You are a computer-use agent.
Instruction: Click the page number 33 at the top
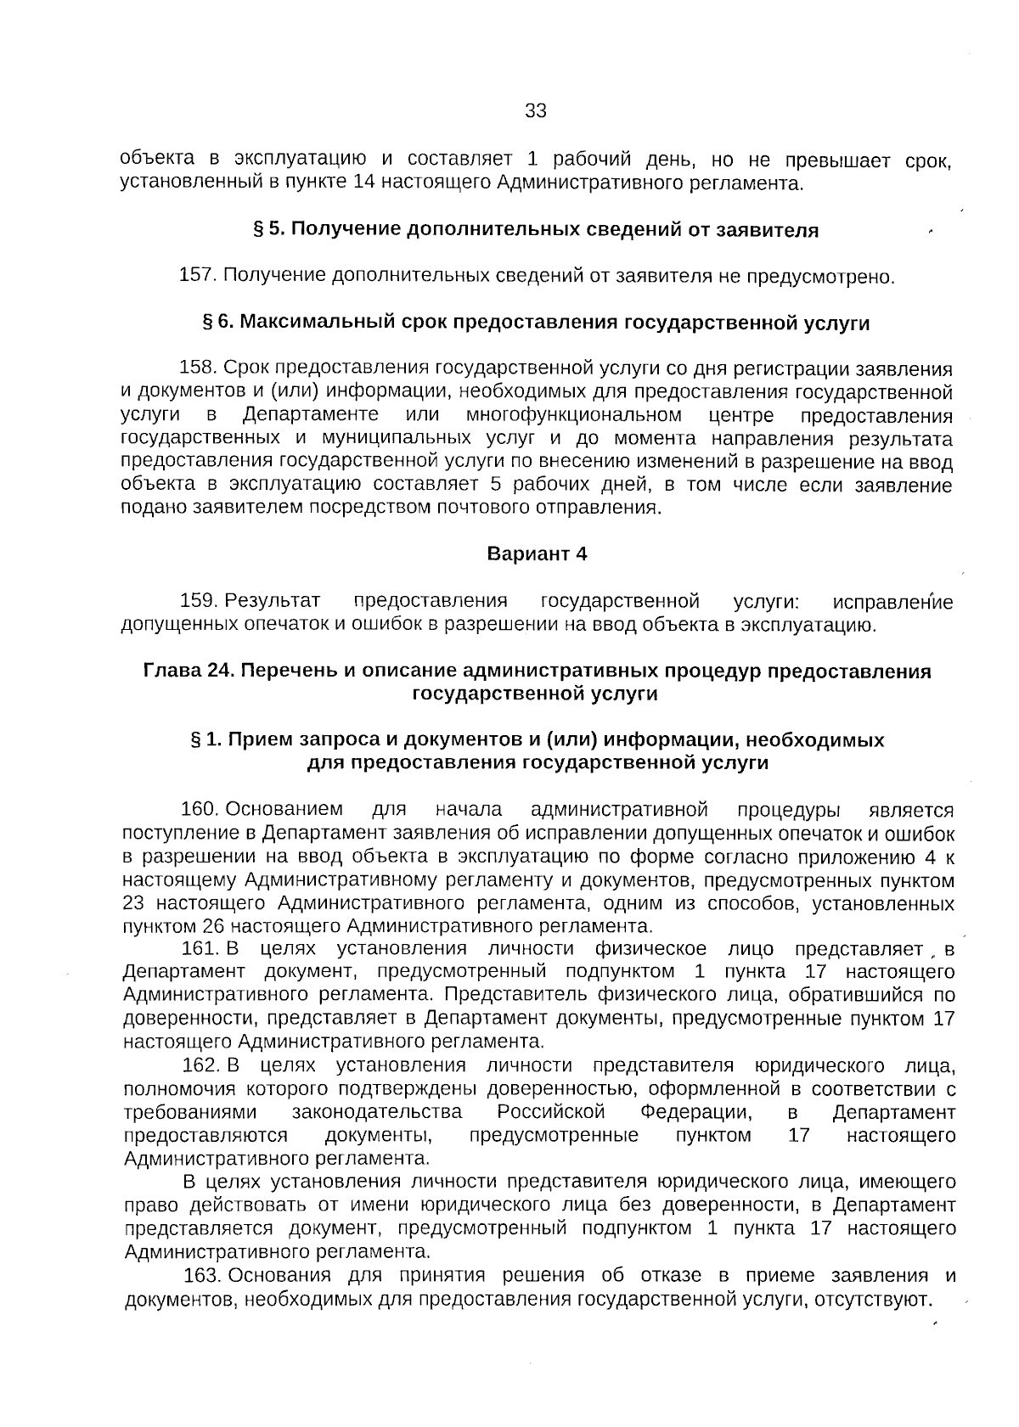536,111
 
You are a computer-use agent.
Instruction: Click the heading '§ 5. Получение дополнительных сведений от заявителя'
537,230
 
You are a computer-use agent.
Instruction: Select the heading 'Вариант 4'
537,554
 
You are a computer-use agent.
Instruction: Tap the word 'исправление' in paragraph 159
892,603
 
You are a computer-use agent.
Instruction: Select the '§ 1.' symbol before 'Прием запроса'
207,740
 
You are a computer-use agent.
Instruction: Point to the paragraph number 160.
200,810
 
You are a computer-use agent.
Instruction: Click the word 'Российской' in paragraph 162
551,1113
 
